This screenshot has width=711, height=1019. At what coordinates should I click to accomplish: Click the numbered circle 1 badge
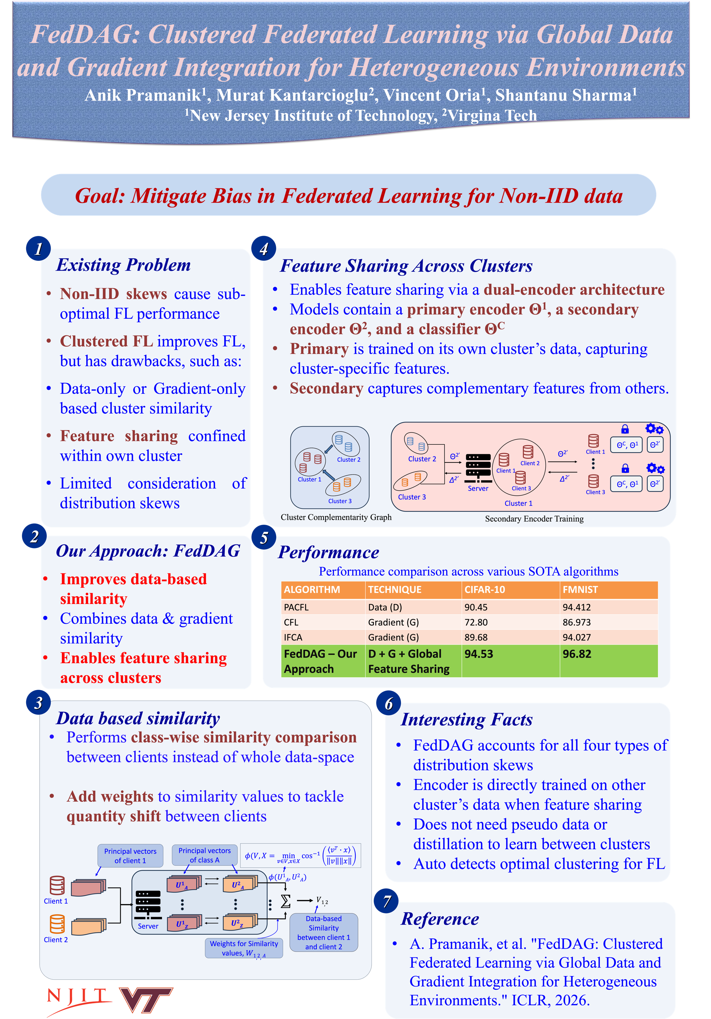point(39,248)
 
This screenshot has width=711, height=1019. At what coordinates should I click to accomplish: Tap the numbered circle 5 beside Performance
point(264,537)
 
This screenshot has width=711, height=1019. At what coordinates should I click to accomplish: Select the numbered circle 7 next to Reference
point(386,900)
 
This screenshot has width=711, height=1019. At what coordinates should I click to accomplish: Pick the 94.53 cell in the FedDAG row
point(479,654)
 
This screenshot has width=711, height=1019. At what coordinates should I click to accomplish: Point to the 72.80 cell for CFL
point(476,622)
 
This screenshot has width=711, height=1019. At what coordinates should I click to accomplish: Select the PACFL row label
point(296,607)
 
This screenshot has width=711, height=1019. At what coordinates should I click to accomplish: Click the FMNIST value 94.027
point(577,637)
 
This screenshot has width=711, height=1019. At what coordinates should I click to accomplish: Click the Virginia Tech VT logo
point(146,1000)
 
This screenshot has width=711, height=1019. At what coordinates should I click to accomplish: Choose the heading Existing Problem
point(123,265)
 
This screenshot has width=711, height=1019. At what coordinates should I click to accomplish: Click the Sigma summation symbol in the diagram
point(286,900)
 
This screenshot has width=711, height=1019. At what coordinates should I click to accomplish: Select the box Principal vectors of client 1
point(130,856)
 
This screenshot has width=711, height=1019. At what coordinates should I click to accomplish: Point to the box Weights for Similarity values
point(244,948)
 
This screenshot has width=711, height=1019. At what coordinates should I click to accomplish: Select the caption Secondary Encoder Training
point(534,518)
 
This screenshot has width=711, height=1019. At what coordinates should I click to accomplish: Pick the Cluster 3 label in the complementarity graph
point(340,501)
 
